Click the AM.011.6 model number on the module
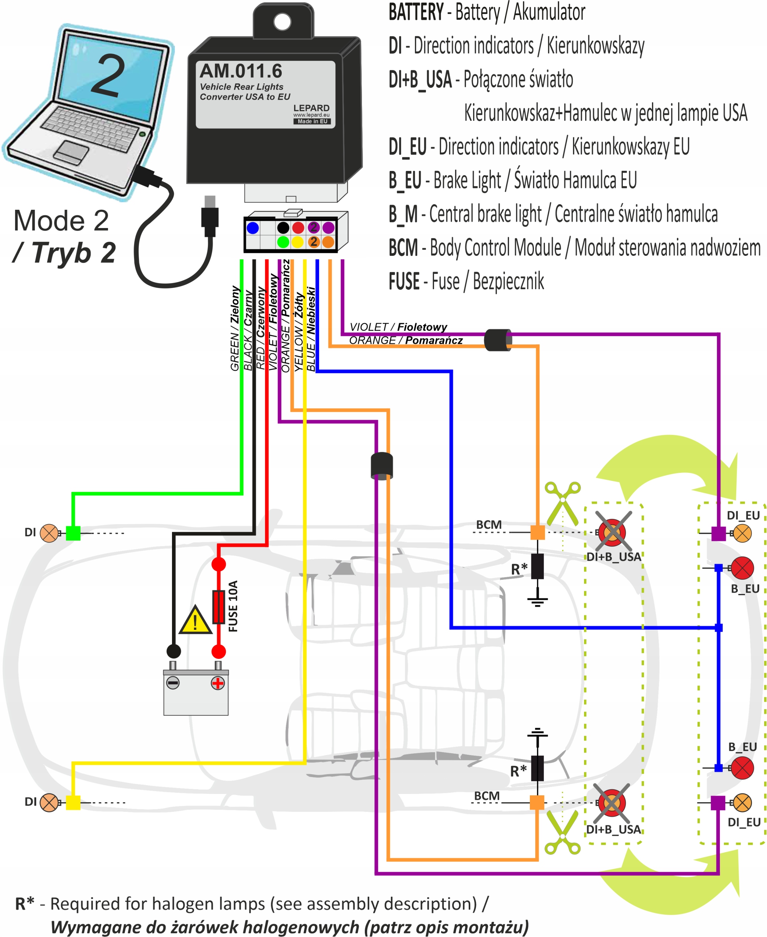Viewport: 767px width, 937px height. point(241,71)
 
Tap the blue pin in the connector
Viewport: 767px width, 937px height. point(253,228)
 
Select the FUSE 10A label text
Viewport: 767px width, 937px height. point(233,606)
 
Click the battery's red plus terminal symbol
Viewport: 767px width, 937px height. point(217,683)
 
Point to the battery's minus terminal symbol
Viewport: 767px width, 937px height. point(173,683)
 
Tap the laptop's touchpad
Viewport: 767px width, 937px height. point(71,151)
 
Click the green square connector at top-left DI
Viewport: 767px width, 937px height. point(73,533)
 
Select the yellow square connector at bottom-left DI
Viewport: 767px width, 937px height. point(73,802)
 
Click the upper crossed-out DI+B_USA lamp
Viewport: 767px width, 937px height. point(612,532)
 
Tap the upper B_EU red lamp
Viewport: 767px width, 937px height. point(742,568)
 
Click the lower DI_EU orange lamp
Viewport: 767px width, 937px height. point(742,803)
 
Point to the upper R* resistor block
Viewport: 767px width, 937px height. point(537,566)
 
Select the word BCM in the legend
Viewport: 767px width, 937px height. point(403,248)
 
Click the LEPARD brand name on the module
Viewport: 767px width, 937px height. point(311,108)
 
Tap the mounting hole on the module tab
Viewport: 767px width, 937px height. point(283,21)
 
